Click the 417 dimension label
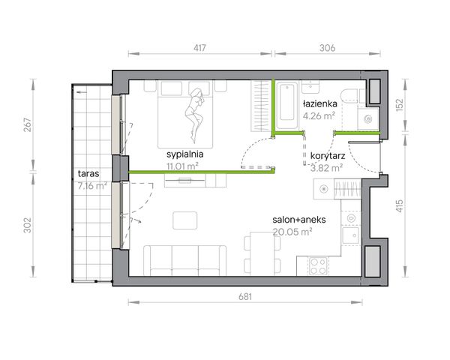pos(199,48)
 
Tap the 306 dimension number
pos(328,48)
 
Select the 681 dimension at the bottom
pos(245,296)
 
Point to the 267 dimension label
pos(27,125)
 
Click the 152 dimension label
pos(400,105)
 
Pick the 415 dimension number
pos(400,205)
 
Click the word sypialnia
pos(184,154)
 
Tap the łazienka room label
pos(320,103)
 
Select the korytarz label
pos(328,156)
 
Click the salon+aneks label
pos(299,220)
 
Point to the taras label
pos(88,173)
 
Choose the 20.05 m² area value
pos(292,232)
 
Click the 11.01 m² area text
pos(182,166)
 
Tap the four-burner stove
pos(318,265)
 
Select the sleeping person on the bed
pos(194,115)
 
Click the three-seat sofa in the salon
pos(184,260)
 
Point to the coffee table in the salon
pos(184,220)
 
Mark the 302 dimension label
pos(27,225)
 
